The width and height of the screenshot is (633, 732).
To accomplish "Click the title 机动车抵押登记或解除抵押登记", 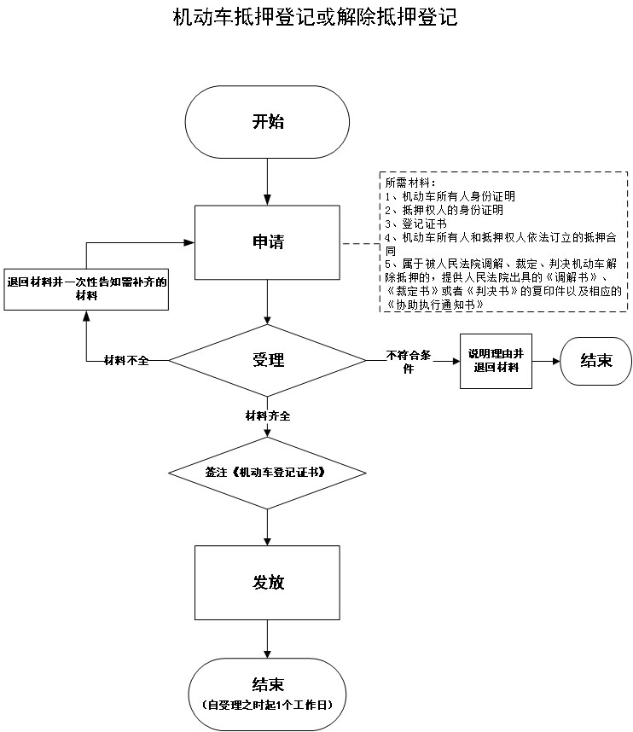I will point(315,18).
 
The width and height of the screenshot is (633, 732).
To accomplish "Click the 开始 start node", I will point(268,121).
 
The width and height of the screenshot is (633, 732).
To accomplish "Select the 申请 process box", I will point(268,242).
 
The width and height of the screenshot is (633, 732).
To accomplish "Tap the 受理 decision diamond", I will point(268,360).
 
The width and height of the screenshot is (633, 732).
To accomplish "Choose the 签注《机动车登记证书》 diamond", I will point(268,472).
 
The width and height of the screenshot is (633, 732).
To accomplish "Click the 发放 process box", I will point(268,583).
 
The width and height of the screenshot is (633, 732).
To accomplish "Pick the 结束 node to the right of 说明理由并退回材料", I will point(595,360).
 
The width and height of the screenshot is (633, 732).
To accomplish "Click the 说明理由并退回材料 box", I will point(495,360).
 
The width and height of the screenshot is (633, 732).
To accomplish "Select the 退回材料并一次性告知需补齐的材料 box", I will point(86,288).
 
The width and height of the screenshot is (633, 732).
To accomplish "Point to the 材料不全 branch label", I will point(126,360).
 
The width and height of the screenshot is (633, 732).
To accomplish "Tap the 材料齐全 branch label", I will point(268,415).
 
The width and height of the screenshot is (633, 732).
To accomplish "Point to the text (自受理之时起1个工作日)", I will point(268,706).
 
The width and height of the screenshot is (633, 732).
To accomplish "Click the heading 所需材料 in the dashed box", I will point(410,183).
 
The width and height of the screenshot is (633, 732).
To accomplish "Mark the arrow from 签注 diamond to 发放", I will point(268,526).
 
